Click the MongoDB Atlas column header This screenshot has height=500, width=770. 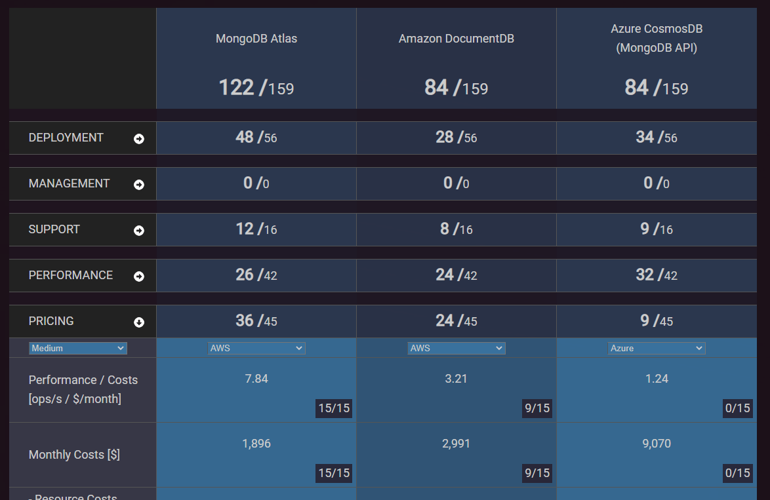click(256, 39)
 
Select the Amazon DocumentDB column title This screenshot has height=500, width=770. click(456, 39)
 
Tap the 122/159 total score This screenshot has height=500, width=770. click(256, 87)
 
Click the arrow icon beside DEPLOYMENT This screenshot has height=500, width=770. click(139, 139)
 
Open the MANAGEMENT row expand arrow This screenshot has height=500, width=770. click(139, 185)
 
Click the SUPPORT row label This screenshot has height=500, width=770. click(54, 229)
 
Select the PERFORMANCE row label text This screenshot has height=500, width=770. click(71, 275)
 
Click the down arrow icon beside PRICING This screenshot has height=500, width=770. click(139, 322)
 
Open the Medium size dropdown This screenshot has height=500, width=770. click(78, 348)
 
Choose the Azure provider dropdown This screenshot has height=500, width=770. click(657, 348)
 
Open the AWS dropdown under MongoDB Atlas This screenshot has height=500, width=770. click(256, 348)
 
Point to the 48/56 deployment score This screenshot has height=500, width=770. click(256, 137)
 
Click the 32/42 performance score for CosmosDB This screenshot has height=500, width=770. click(657, 275)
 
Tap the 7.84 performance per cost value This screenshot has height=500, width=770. click(256, 378)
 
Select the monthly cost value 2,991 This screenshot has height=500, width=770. click(456, 444)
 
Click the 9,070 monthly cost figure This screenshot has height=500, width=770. click(657, 444)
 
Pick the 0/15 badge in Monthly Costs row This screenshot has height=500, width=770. click(737, 473)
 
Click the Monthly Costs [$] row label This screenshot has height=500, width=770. click(74, 455)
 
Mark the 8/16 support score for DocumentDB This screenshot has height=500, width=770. click(456, 229)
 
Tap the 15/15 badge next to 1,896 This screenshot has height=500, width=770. click(334, 473)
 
